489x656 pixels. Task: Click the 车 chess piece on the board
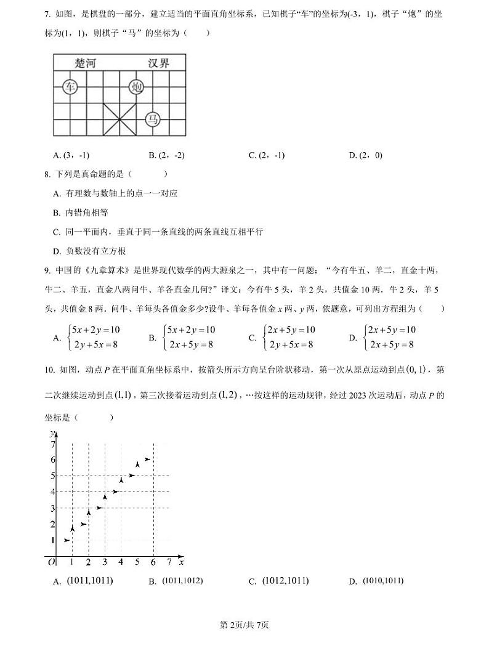click(x=69, y=87)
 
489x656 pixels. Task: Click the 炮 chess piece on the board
click(x=137, y=87)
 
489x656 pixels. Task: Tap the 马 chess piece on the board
click(x=153, y=119)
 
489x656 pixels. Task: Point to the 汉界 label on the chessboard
click(x=158, y=63)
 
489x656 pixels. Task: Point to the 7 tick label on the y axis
click(x=53, y=444)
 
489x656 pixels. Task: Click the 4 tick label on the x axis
click(x=121, y=562)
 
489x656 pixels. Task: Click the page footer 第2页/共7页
click(x=244, y=625)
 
